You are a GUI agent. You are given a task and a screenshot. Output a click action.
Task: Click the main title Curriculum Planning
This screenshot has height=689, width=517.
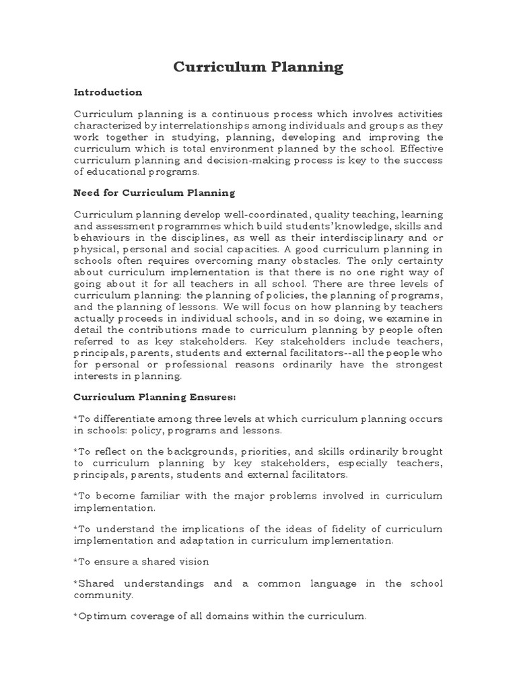[258, 67]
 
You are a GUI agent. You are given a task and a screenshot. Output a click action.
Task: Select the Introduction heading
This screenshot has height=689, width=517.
[108, 92]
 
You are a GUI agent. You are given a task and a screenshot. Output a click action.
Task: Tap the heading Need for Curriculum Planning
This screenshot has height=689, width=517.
[154, 193]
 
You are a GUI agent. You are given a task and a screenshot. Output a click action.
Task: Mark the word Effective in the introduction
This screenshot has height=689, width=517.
[421, 149]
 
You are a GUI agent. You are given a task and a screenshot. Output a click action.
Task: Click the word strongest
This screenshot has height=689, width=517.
[419, 364]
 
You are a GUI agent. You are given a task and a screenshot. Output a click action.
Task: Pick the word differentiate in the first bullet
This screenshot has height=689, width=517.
[126, 419]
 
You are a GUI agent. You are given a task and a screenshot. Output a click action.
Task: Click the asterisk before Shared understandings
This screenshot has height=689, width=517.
[75, 583]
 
